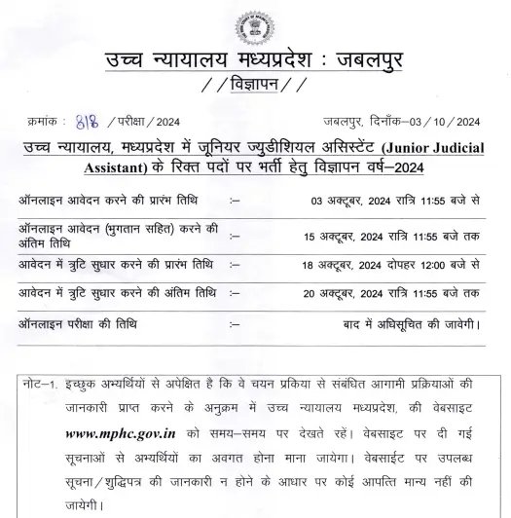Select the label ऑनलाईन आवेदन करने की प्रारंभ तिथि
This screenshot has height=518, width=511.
pyautogui.click(x=109, y=201)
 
